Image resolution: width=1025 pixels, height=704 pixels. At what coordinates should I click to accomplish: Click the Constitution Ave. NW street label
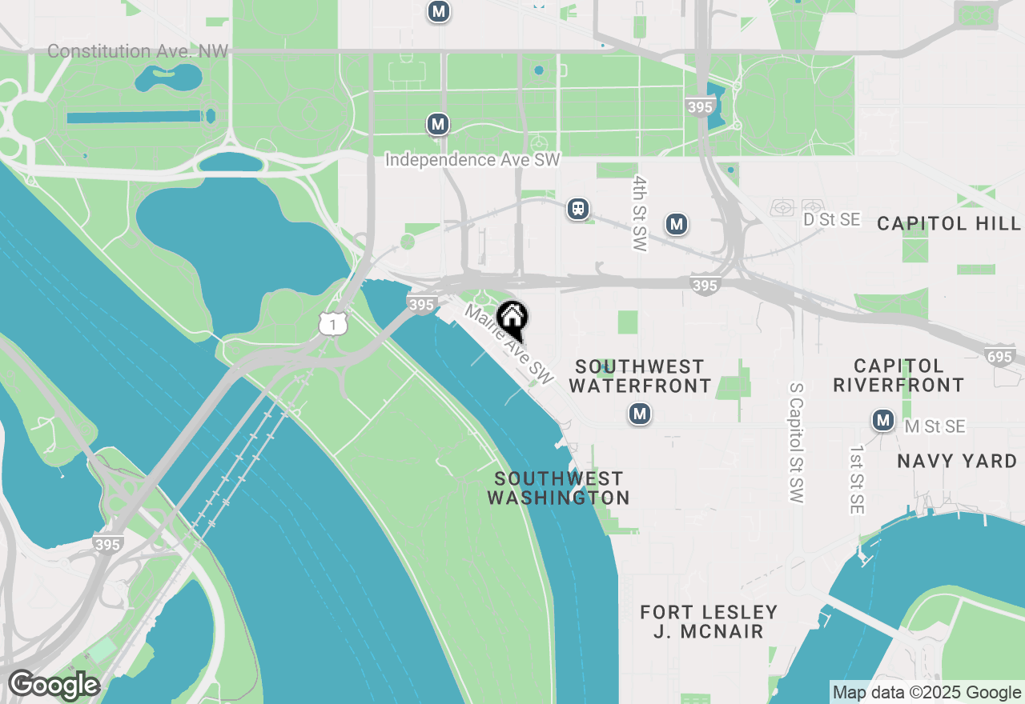point(138,51)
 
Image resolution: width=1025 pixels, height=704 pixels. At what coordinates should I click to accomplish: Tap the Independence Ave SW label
point(472,160)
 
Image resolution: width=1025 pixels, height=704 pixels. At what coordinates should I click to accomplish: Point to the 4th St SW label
point(639,214)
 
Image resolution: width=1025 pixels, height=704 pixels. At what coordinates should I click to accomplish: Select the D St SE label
point(831,219)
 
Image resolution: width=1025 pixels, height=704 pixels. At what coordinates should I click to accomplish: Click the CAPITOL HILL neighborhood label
point(949,223)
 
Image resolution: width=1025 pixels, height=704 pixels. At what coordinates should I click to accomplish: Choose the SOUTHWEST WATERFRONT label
point(640,376)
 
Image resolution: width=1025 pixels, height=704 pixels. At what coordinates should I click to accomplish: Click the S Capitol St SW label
point(795,442)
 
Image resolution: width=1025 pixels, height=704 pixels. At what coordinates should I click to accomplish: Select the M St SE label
point(935,427)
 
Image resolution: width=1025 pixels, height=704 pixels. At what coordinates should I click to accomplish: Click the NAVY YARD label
point(957,461)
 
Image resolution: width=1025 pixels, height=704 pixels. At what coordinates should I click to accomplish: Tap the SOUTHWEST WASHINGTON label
point(559,488)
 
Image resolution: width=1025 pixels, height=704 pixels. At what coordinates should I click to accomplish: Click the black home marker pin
point(512,319)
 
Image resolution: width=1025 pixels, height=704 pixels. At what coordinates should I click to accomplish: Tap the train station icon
point(577,209)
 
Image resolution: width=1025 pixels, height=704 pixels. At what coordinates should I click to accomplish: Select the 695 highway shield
point(1000,357)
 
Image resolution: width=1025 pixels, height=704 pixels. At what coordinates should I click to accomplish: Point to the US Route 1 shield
point(332,323)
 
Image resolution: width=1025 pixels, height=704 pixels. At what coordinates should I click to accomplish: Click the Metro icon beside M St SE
point(883,420)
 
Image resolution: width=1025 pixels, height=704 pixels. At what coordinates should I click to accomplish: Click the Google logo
point(54,686)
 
